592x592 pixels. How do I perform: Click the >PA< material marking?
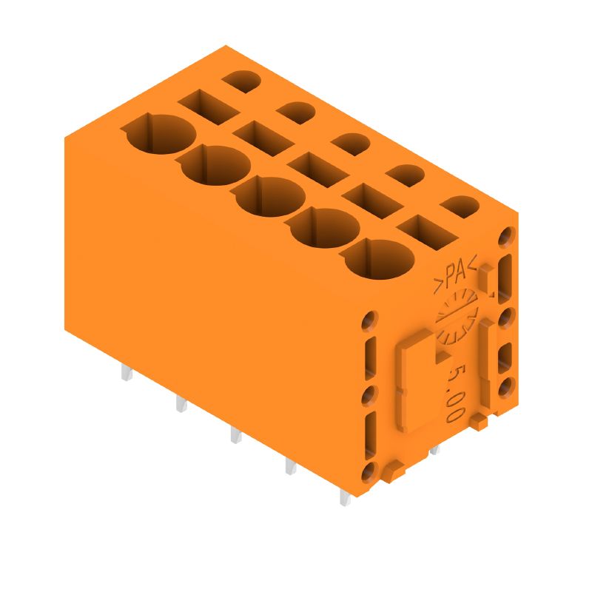coord(454,275)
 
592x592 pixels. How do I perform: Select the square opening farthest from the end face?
coord(207,105)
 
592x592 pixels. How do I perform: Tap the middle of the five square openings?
coord(317,168)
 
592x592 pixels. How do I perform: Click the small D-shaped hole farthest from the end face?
coord(241,79)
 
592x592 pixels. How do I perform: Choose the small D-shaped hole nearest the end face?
coord(460,206)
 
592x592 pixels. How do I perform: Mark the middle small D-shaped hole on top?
coord(351,142)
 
